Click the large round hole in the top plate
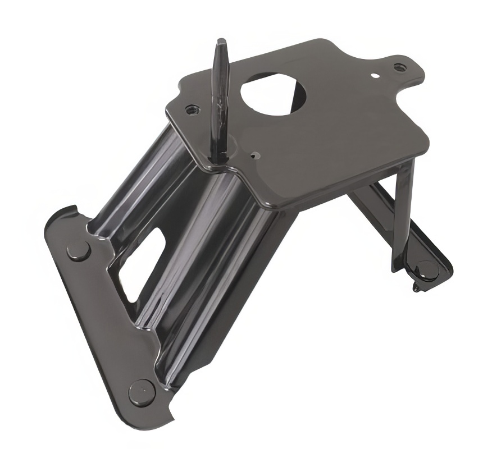pyautogui.click(x=273, y=93)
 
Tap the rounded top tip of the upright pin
pyautogui.click(x=221, y=43)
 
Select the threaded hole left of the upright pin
pyautogui.click(x=192, y=108)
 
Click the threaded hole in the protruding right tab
pyautogui.click(x=399, y=67)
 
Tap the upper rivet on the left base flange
pyautogui.click(x=78, y=250)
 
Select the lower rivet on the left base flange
pyautogui.click(x=142, y=391)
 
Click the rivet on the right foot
pyautogui.click(x=427, y=270)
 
